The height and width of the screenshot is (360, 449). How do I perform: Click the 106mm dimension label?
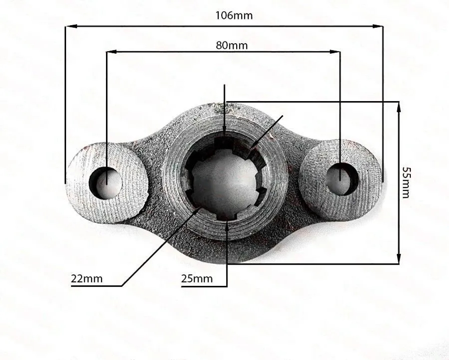coord(234,15)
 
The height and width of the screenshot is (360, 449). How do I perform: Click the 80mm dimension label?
coord(232,45)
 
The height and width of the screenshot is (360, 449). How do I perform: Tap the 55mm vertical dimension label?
coord(406,182)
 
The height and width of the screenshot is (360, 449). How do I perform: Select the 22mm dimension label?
coord(87,279)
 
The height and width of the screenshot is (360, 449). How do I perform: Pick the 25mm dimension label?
coord(197,279)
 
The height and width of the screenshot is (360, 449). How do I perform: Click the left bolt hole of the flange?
coord(106,183)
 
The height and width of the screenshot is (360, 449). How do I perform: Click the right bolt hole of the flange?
coord(342,179)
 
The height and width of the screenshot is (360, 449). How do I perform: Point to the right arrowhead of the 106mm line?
coord(378,26)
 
